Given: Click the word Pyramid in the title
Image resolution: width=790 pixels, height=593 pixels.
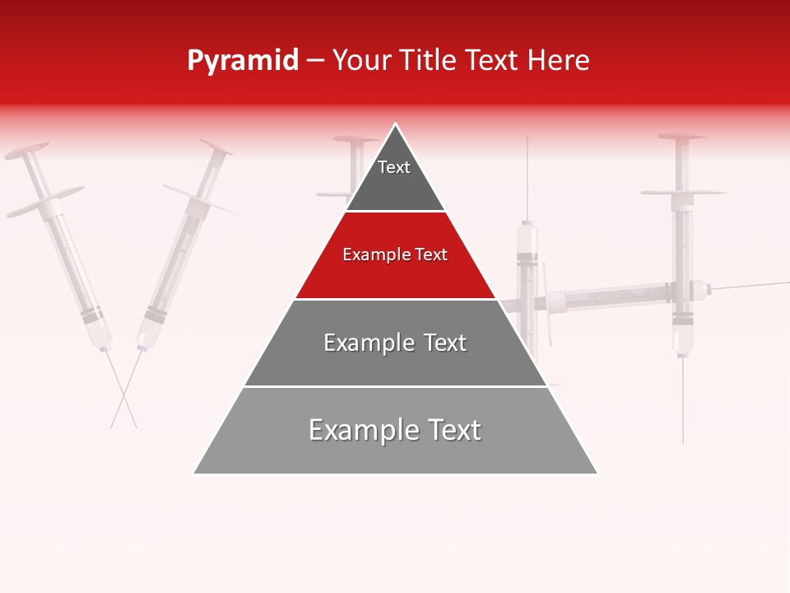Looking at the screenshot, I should (243, 61).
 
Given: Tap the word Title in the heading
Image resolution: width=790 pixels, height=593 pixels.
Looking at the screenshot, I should (430, 61).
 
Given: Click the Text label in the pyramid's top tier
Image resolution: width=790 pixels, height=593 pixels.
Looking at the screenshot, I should (394, 167).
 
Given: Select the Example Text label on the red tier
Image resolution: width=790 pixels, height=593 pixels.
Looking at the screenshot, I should (395, 254).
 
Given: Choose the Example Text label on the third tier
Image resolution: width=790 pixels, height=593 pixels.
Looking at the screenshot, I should (395, 343).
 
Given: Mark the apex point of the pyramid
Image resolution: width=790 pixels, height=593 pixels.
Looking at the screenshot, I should (396, 124).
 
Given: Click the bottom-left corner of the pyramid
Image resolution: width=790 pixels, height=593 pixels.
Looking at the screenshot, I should (194, 474).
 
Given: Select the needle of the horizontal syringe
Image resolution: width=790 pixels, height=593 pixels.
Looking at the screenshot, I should (749, 286).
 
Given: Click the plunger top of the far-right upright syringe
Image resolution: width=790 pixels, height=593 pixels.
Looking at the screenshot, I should (681, 136).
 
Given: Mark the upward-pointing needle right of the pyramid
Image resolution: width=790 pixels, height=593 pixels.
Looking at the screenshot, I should (527, 177).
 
